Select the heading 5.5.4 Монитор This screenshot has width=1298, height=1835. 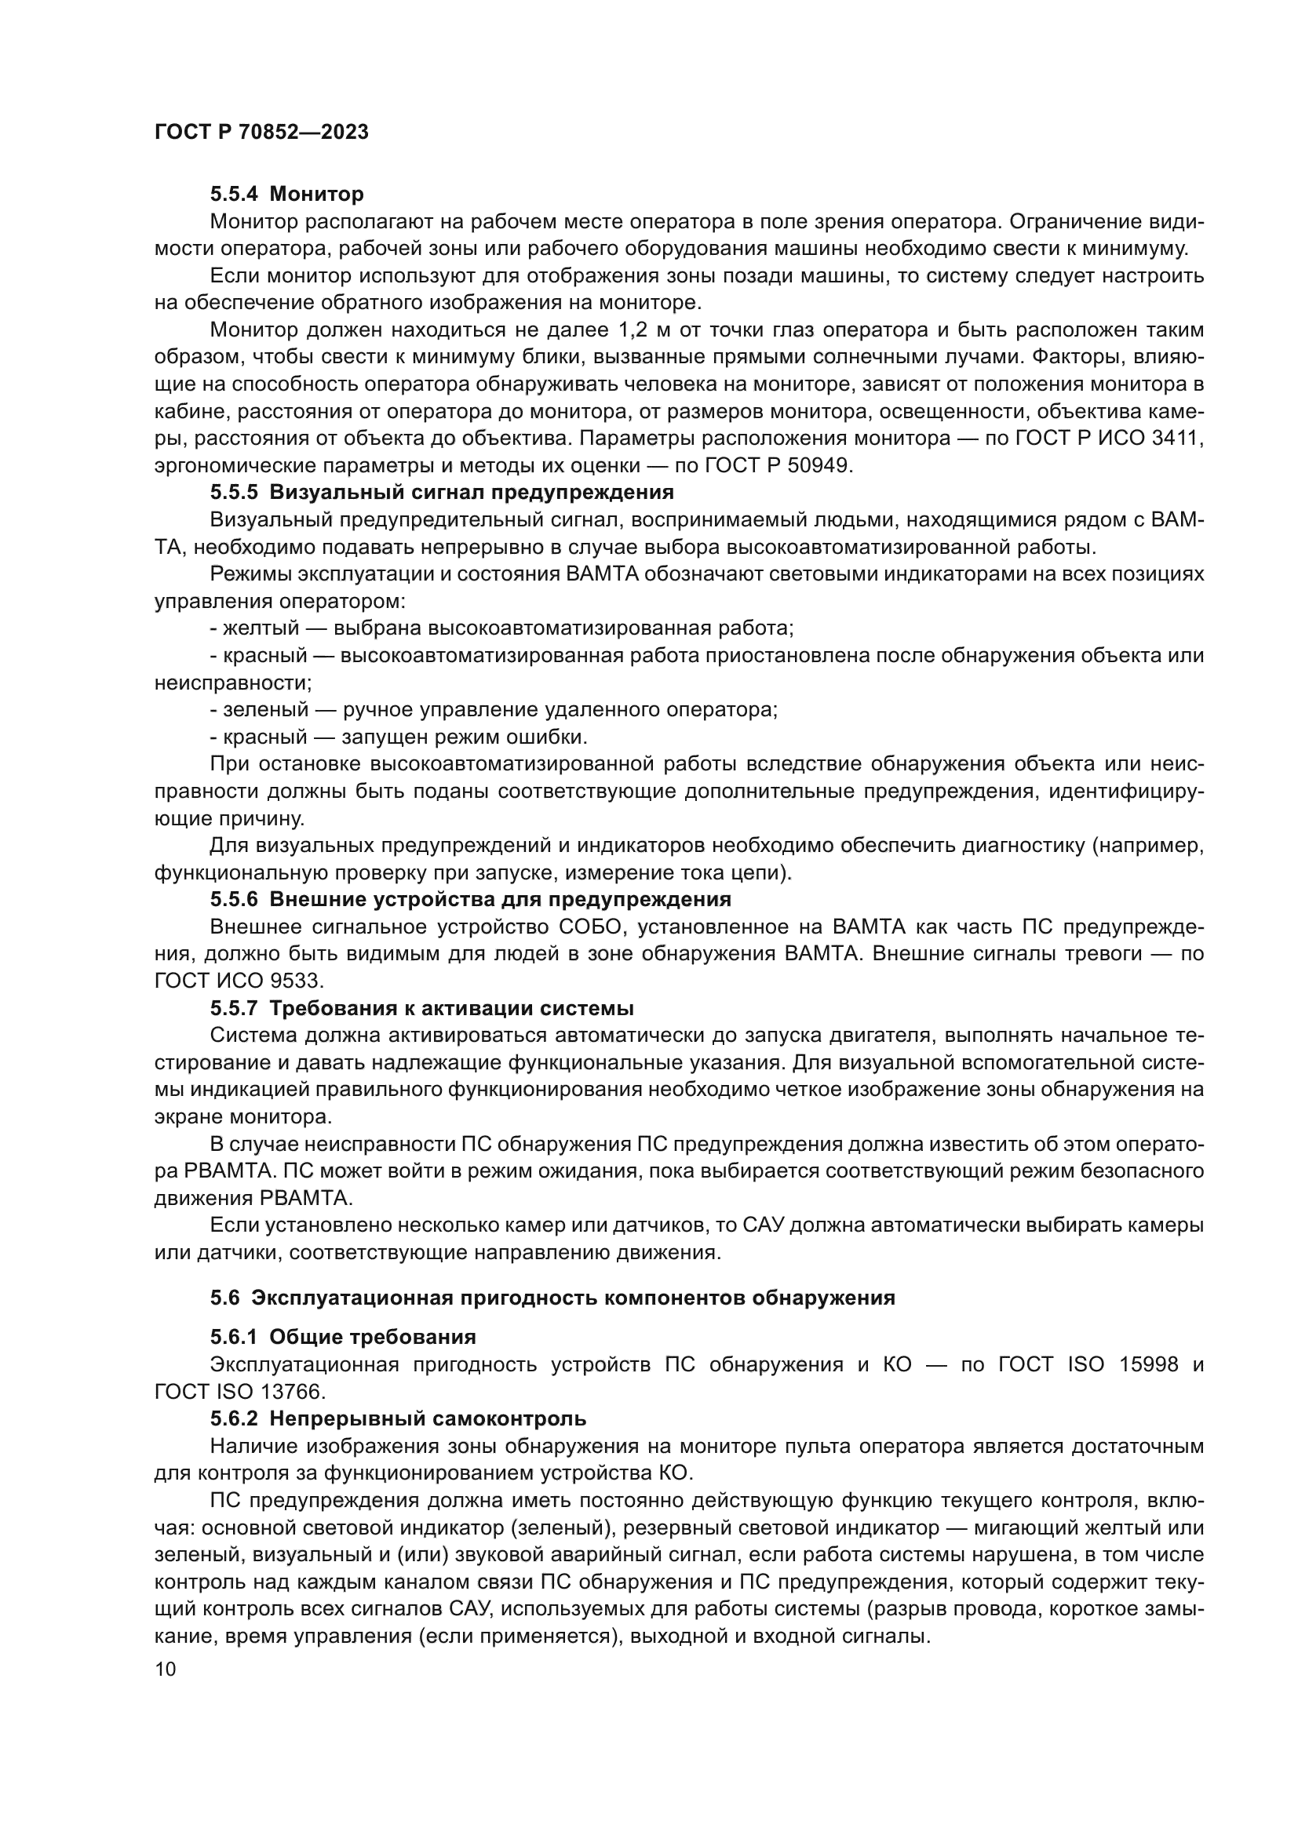point(287,195)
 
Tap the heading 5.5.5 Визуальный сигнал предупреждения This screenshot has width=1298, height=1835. point(442,492)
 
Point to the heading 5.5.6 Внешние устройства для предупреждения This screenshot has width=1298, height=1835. point(471,900)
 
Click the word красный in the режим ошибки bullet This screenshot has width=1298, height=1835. point(264,737)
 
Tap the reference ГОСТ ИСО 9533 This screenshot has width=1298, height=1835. point(239,981)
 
